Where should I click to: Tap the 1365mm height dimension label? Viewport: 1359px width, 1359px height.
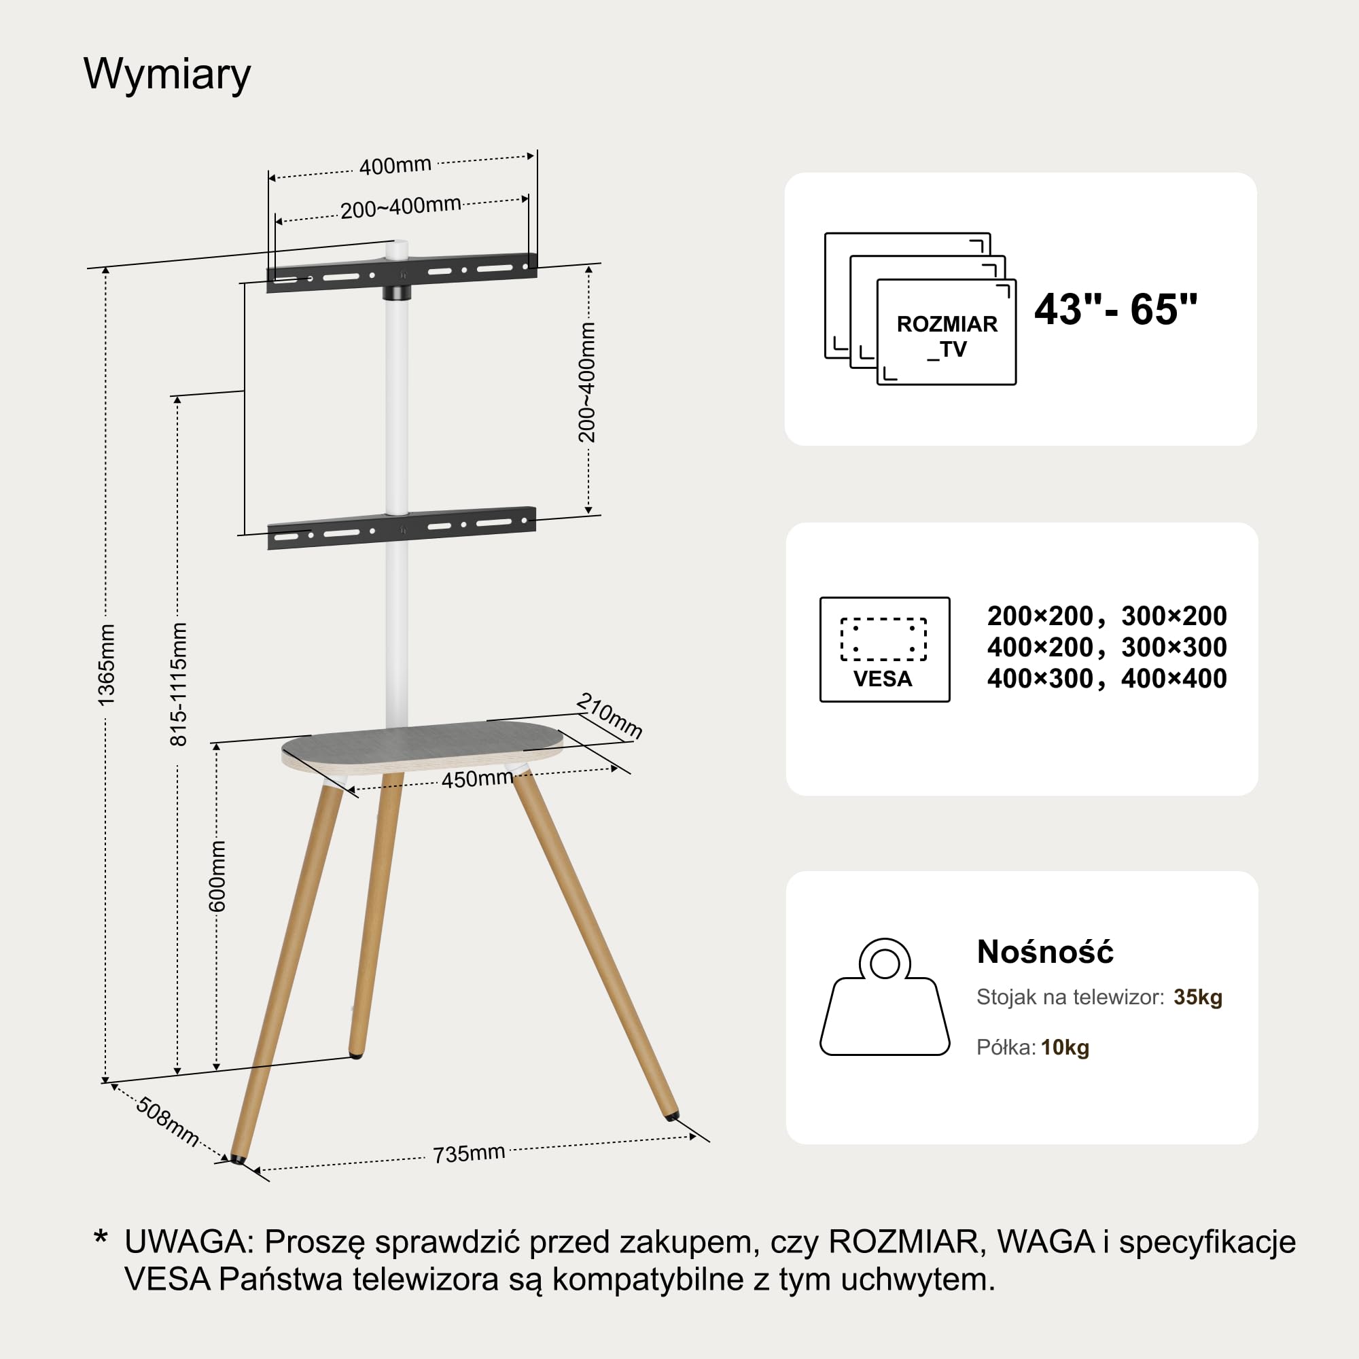[106, 665]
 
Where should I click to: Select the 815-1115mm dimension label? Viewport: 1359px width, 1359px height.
[179, 684]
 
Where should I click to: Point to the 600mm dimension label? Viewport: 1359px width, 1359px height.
[217, 876]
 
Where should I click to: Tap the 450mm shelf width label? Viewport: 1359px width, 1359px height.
[477, 779]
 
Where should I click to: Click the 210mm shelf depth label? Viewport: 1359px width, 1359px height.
[609, 716]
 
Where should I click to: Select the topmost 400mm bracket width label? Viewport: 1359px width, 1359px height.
[395, 166]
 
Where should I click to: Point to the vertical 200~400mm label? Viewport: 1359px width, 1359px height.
[586, 383]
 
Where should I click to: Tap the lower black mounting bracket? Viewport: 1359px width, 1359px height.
[402, 527]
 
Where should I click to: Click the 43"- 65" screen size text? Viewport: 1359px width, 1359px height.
[1116, 308]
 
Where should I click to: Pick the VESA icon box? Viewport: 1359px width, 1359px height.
[885, 649]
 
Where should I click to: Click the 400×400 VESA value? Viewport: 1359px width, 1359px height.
[1174, 679]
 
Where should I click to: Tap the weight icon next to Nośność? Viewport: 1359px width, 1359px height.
[885, 997]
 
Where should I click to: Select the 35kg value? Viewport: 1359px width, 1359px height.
[1198, 998]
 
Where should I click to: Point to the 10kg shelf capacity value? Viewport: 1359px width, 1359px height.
[1065, 1048]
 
